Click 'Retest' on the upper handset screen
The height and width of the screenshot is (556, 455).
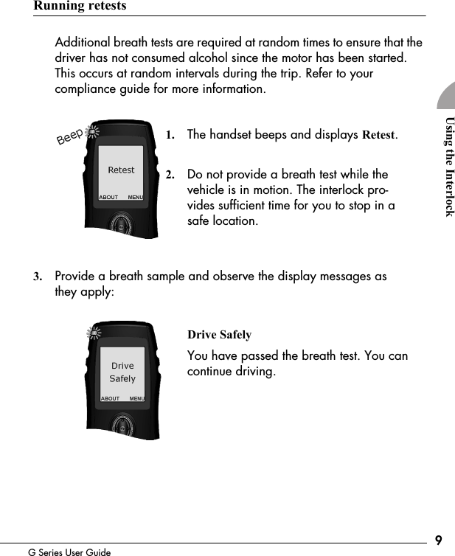coord(122,170)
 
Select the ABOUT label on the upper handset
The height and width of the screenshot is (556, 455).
coord(108,198)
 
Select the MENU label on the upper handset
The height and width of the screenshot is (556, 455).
coord(135,198)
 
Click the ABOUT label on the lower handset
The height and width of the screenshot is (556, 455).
coord(110,398)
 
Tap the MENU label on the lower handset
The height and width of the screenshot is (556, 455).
coord(136,398)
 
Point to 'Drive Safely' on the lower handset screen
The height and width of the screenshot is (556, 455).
coord(122,372)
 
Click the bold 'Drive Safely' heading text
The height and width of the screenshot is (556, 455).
coord(219,336)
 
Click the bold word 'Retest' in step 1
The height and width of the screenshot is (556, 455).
coord(378,136)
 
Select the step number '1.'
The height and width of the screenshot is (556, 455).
coord(170,136)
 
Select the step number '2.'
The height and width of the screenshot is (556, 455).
coord(170,176)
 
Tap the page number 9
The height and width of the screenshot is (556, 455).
coord(439,541)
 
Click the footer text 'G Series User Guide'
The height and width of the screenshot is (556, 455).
coord(69,552)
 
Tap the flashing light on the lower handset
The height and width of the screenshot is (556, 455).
coord(94,333)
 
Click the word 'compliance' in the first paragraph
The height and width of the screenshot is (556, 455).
coord(88,89)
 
